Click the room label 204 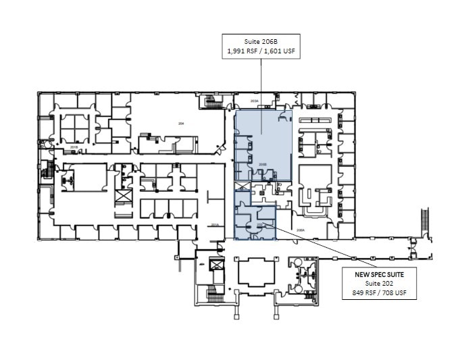click(180, 124)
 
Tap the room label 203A click(255, 101)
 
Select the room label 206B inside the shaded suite click(263, 163)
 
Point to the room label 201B click(74, 146)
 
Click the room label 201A click(215, 225)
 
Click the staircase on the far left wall click(47, 170)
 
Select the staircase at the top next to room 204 click(213, 101)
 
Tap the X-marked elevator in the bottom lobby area click(217, 265)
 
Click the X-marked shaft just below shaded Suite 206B click(241, 186)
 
